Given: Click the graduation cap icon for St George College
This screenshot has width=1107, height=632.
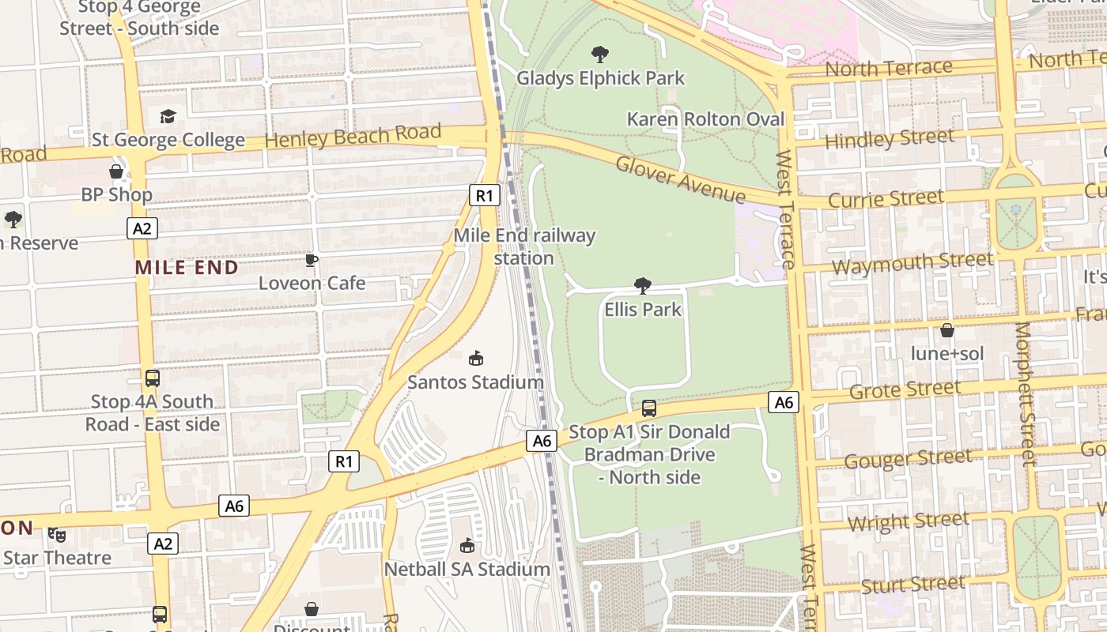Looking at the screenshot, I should click(168, 117).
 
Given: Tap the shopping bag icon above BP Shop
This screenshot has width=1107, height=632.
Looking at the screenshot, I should click(116, 171).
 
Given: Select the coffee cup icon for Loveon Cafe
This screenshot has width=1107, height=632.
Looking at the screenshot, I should click(312, 260).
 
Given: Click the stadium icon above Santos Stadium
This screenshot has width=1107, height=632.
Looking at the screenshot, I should click(476, 359).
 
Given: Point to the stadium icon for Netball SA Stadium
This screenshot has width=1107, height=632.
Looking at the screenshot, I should click(467, 545).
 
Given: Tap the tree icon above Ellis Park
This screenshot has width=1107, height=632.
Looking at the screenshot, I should click(643, 285).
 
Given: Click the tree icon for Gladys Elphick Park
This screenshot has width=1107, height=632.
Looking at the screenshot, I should click(600, 55).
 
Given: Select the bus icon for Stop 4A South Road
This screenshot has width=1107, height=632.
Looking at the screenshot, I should click(153, 378).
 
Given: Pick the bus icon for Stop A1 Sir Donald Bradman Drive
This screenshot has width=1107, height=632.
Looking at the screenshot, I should click(649, 408).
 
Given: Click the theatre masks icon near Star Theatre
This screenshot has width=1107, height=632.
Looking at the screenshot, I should click(57, 535).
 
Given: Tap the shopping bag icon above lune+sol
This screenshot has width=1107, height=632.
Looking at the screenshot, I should click(947, 330).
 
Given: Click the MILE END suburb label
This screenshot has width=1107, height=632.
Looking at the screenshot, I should click(187, 267).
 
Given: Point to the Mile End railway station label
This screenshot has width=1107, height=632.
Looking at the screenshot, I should click(524, 246).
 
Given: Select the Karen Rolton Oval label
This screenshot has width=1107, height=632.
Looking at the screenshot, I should click(705, 119).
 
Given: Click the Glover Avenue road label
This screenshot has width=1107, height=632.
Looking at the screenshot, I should click(680, 179).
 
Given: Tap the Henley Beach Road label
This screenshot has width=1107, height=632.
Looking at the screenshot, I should click(353, 137).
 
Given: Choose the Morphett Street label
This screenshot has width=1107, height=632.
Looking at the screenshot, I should click(1025, 393).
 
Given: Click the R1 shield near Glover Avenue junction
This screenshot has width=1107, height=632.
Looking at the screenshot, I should click(485, 195).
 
